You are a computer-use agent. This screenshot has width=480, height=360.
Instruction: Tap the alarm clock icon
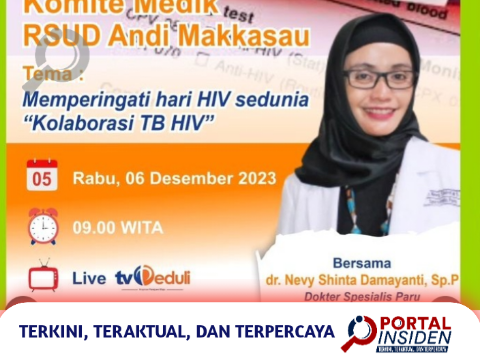[43, 227]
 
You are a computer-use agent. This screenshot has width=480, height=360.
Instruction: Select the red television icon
[43, 276]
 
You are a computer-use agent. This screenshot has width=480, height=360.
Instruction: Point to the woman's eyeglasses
[379, 78]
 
